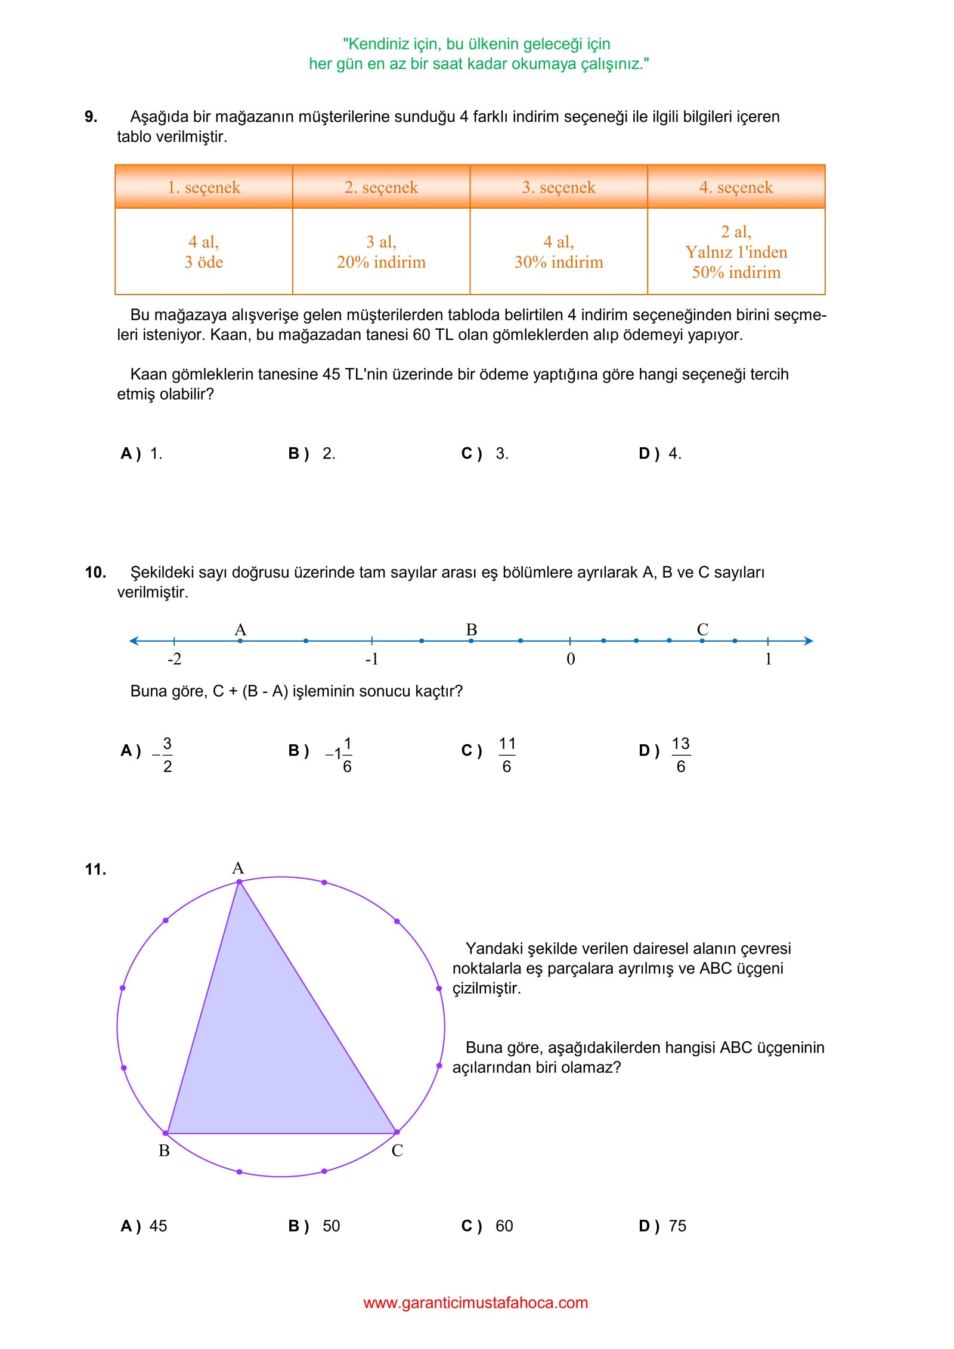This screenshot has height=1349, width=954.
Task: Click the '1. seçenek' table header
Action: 203,187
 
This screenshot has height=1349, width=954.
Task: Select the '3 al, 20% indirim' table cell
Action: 381,252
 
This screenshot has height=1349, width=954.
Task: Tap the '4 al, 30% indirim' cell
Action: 559,252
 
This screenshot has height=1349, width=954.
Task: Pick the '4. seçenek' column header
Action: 736,187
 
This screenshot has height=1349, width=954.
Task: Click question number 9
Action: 91,117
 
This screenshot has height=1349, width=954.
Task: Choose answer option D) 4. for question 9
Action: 660,454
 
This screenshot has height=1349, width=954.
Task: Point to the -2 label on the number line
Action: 174,659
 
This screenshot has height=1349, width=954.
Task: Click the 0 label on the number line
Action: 571,659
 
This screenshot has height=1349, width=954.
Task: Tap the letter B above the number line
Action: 472,630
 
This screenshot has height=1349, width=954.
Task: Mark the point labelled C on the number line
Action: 702,641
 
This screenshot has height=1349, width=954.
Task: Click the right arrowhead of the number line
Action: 809,641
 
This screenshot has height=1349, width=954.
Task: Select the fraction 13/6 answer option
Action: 680,754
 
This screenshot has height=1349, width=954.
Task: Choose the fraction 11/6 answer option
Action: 507,754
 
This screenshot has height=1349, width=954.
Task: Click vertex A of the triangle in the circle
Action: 239,881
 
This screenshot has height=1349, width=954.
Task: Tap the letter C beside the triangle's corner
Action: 397,1150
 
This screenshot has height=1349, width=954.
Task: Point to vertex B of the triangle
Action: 166,1133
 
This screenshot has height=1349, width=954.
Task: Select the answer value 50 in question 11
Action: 331,1226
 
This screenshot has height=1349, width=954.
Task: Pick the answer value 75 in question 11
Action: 677,1226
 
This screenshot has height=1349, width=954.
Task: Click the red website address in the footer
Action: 476,1302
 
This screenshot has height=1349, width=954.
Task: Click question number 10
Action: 95,573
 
